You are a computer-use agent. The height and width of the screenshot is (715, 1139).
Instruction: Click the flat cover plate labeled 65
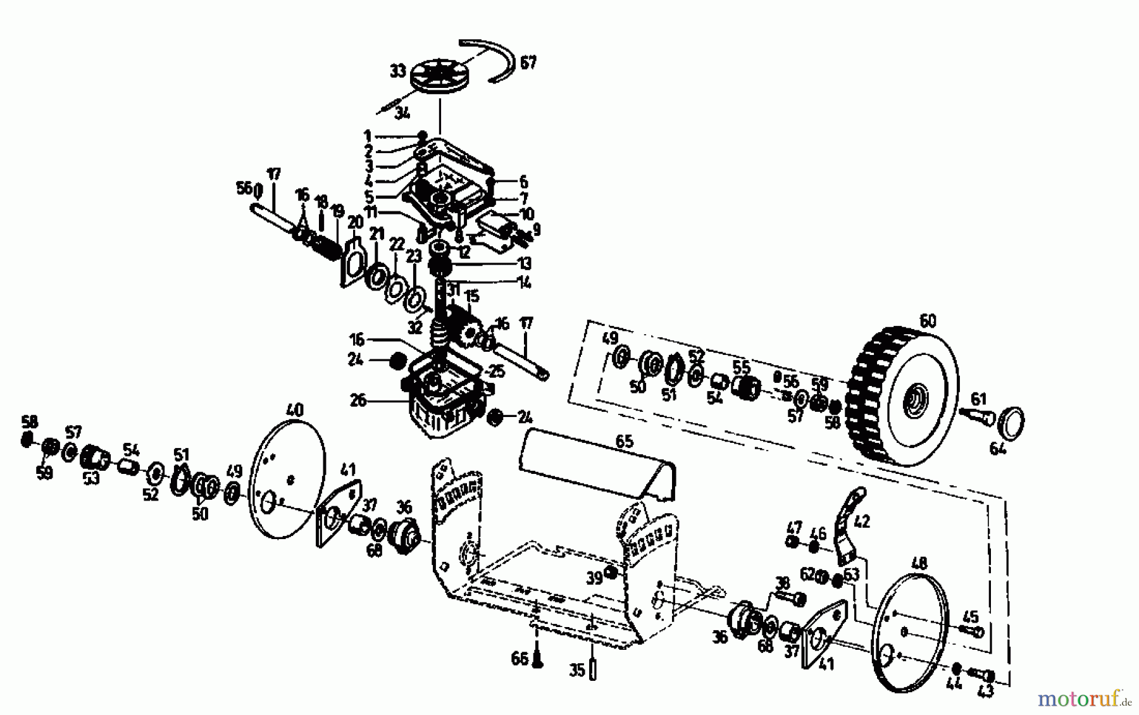pos(595,459)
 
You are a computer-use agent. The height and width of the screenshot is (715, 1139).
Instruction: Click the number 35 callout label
pos(576,670)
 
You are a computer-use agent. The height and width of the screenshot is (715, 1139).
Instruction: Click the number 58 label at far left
pos(28,421)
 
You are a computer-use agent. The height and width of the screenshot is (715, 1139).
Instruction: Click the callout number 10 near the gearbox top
pos(526,214)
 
